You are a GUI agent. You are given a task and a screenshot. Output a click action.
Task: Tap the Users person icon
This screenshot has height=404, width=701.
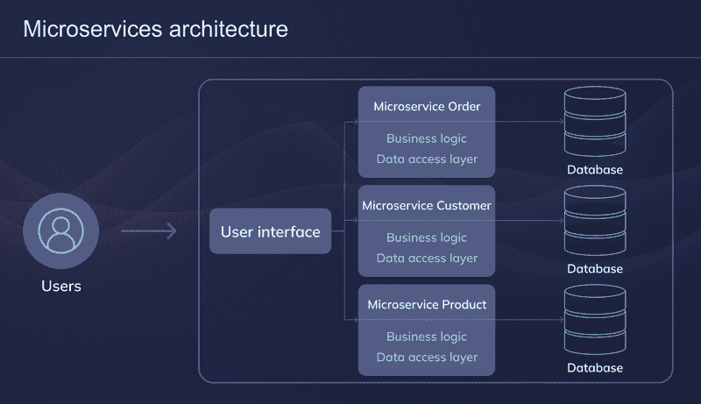click(x=60, y=230)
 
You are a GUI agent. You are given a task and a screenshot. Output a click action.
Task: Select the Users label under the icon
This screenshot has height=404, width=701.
click(x=60, y=286)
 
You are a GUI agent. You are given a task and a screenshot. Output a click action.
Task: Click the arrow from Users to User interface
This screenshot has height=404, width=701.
click(x=148, y=231)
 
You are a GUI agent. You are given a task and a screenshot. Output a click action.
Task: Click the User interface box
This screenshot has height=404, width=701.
click(x=270, y=231)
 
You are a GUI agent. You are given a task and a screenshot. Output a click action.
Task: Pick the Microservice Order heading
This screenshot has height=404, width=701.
click(x=427, y=106)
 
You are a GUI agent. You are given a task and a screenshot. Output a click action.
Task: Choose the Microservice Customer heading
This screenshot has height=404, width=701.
click(x=427, y=205)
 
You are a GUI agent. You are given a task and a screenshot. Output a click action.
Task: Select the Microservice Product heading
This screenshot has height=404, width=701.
click(x=427, y=304)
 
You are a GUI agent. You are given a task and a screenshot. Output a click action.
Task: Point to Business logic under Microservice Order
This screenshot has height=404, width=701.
click(x=427, y=138)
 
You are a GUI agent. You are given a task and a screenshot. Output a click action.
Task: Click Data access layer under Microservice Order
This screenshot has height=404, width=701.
click(x=427, y=159)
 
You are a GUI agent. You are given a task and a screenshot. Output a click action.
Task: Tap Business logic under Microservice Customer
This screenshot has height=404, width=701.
click(x=427, y=237)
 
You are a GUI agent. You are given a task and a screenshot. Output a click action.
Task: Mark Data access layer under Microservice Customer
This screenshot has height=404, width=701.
click(x=427, y=258)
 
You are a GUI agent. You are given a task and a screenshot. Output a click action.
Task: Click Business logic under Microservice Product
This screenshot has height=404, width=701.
click(x=427, y=337)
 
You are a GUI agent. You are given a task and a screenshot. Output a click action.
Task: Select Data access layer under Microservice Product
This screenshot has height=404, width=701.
click(x=427, y=357)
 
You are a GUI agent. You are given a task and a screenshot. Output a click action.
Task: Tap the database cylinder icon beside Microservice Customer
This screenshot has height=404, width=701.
click(x=594, y=221)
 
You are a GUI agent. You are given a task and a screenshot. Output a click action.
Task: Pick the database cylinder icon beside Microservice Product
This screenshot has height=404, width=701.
click(x=594, y=320)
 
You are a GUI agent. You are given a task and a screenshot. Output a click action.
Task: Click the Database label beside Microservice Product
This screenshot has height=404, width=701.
click(x=594, y=368)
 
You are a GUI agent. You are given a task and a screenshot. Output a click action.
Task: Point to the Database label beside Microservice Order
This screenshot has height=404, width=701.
click(x=594, y=170)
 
